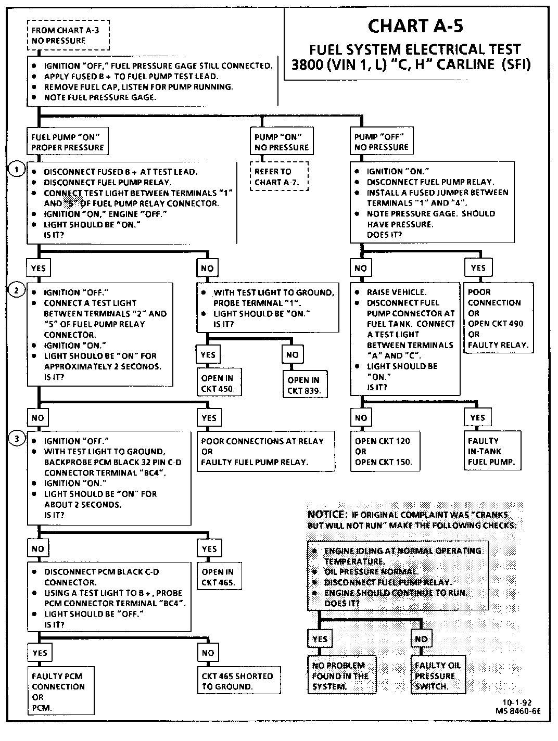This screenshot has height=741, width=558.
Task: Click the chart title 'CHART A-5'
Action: (x=415, y=26)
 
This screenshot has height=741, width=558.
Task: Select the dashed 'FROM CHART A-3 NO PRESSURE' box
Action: (x=69, y=35)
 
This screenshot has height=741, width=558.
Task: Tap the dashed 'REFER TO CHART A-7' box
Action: (x=279, y=177)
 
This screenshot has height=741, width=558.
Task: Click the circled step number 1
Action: (x=17, y=170)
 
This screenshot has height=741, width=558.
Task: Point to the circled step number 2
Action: (x=17, y=291)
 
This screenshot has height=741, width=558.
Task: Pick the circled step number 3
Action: (x=17, y=440)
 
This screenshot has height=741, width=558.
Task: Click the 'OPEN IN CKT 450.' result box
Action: (x=219, y=384)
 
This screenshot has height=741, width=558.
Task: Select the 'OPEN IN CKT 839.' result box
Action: (x=304, y=385)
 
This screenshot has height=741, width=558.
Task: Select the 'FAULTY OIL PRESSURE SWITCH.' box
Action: (x=437, y=676)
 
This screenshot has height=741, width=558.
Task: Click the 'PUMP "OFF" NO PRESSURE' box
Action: (x=382, y=142)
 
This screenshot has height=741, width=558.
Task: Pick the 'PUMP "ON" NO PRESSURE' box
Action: (x=282, y=142)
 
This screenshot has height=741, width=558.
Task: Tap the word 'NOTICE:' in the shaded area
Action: (x=326, y=514)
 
